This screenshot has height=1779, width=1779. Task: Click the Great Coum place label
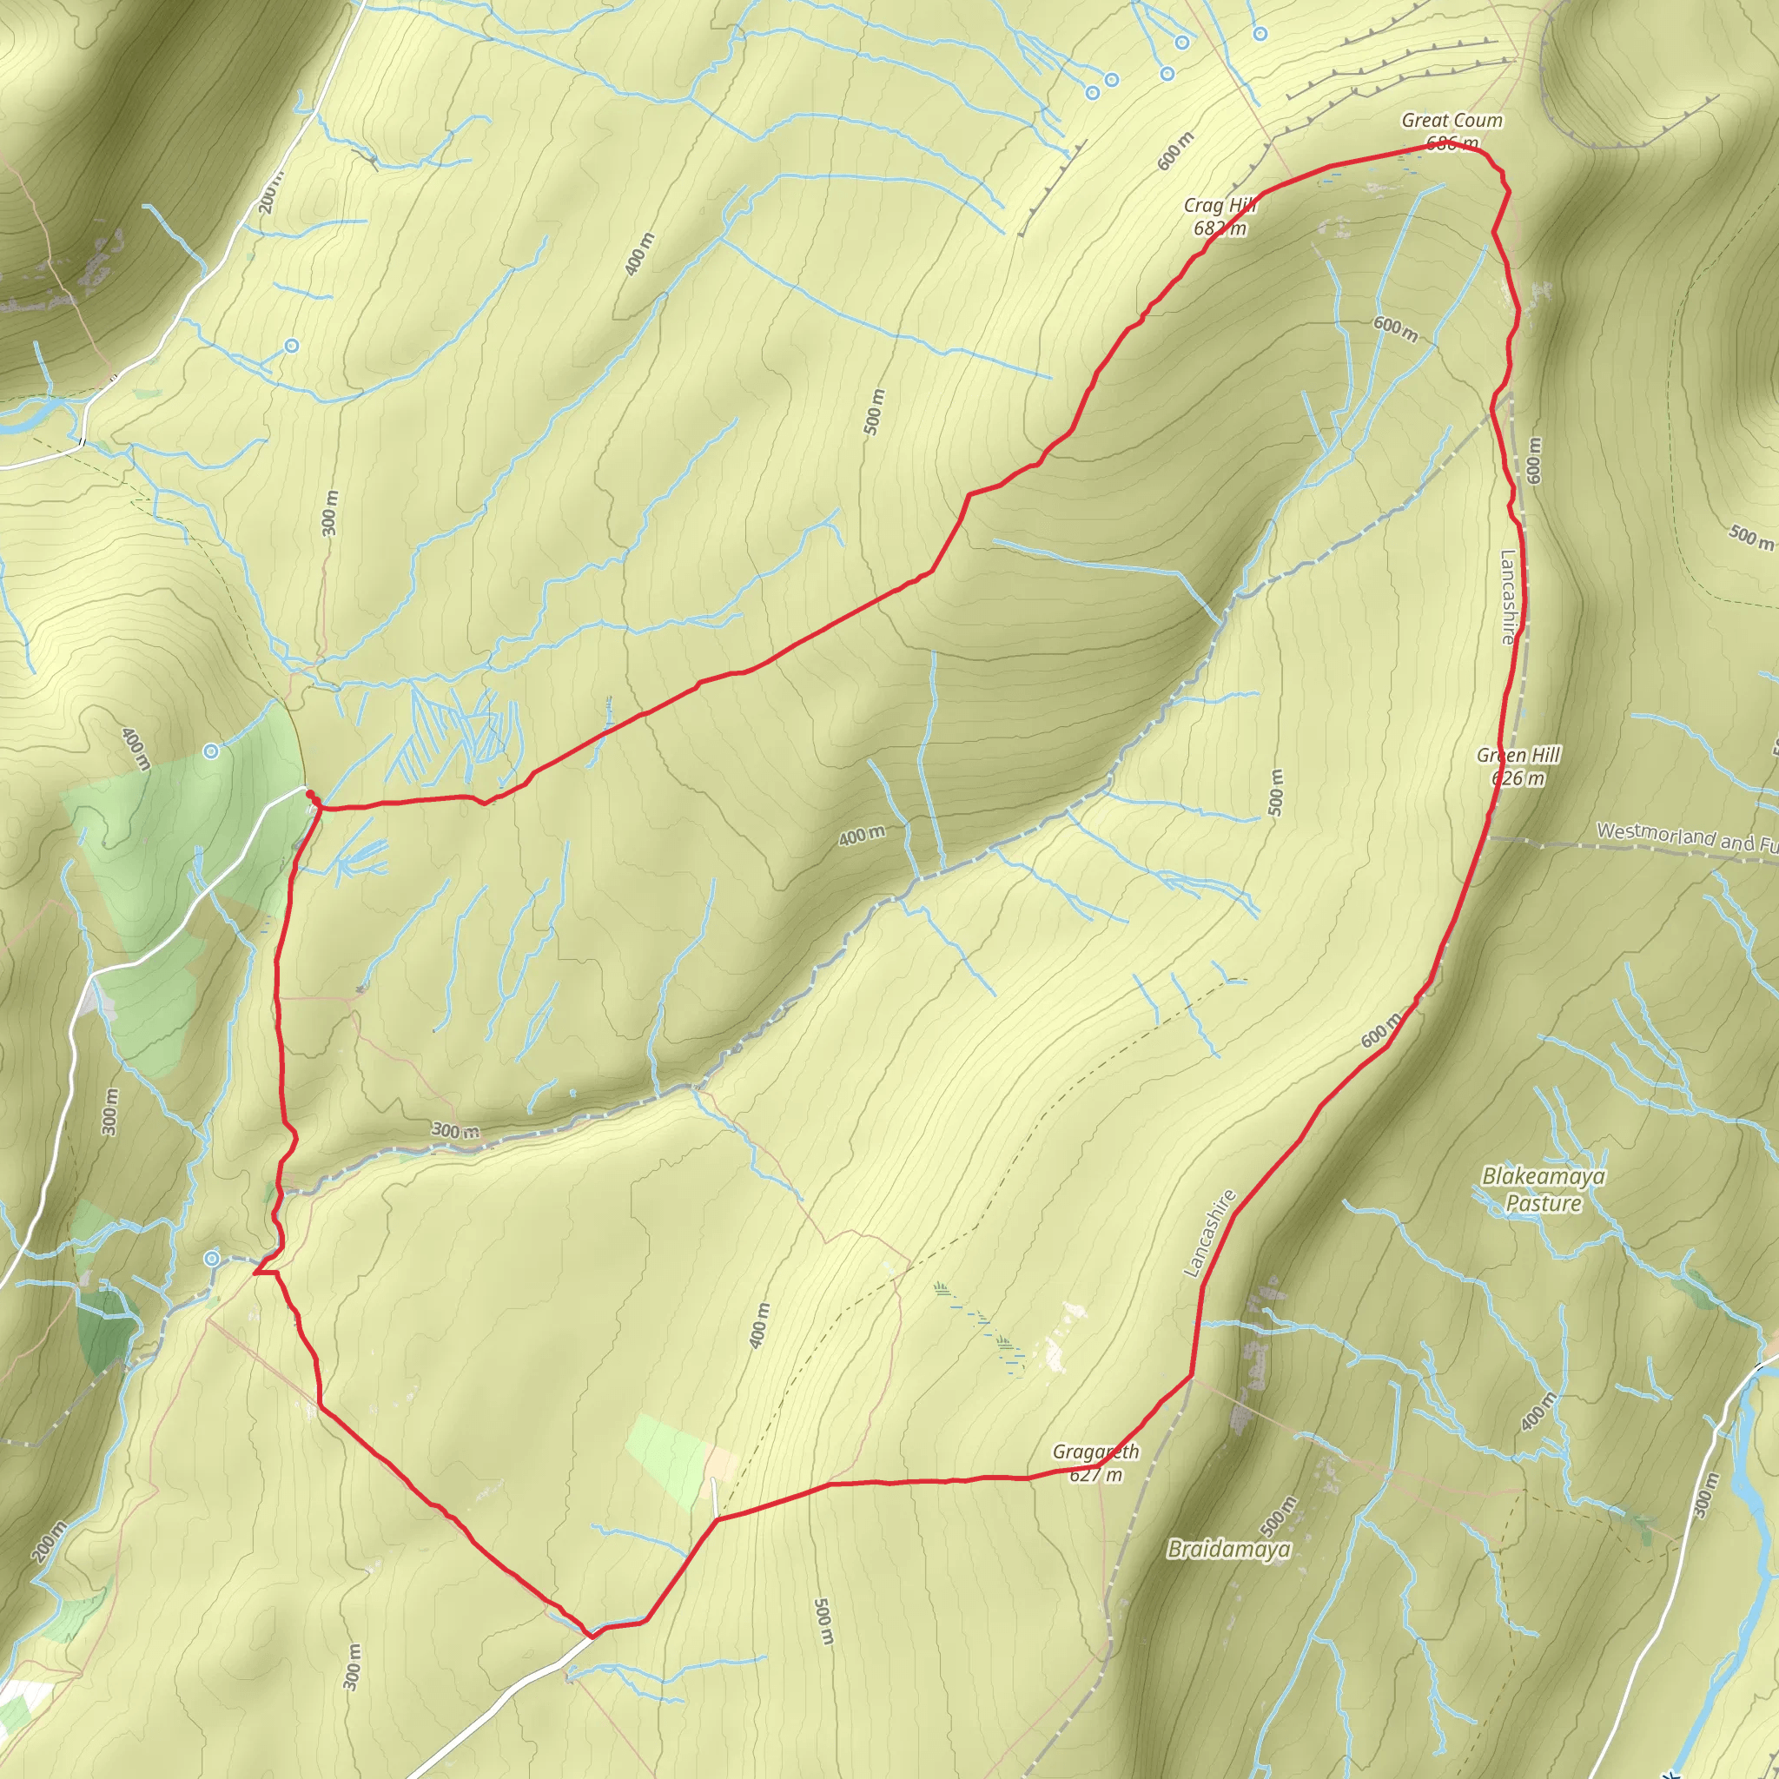[x=1452, y=121]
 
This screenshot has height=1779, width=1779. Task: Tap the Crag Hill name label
[x=1220, y=205]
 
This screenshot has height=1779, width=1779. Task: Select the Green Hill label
[x=1518, y=755]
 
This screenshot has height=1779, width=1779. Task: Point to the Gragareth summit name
[x=1095, y=1452]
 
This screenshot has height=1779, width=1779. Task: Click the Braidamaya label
[x=1228, y=1550]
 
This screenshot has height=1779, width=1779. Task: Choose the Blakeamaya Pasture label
[x=1544, y=1190]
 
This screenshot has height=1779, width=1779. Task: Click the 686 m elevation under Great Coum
[x=1452, y=143]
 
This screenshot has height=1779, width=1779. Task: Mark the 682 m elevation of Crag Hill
[x=1220, y=228]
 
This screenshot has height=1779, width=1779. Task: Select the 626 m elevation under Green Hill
[x=1518, y=779]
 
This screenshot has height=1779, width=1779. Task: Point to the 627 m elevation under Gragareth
[x=1095, y=1475]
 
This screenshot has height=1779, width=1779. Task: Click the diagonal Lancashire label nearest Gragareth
[x=1209, y=1233]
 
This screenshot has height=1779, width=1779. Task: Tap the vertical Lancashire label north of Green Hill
[x=1507, y=597]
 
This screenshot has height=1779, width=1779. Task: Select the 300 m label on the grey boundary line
[x=456, y=1131]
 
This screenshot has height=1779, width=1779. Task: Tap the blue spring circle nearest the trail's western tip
[x=213, y=1259]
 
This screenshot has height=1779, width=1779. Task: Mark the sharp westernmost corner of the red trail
[x=255, y=1273]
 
